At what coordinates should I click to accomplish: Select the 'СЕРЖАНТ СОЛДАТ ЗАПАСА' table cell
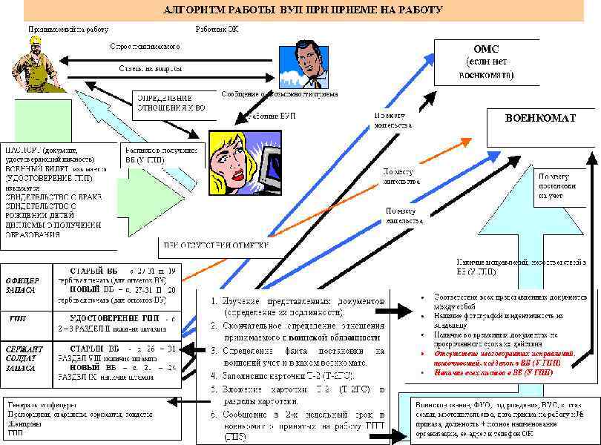(x=24, y=357)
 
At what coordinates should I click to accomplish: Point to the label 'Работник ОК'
(x=217, y=29)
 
